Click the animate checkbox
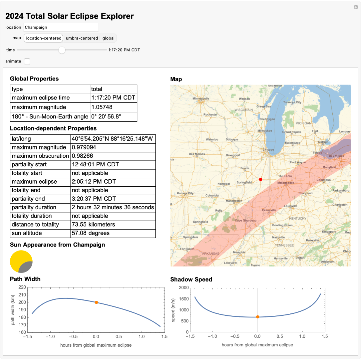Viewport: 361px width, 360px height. (x=27, y=61)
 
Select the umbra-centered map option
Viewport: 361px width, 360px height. (x=82, y=38)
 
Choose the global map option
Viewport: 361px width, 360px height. (x=109, y=38)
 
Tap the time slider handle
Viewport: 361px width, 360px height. (x=62, y=50)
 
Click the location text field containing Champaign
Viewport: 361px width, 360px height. (x=60, y=27)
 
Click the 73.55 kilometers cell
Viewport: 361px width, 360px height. (x=94, y=225)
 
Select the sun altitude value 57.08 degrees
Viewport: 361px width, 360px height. (x=91, y=233)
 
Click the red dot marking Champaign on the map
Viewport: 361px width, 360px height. (x=260, y=179)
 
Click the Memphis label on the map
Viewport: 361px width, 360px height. (x=239, y=253)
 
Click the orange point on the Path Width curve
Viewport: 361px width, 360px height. (x=96, y=302)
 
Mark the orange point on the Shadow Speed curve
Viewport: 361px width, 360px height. (x=257, y=317)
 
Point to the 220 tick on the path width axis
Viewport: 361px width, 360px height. (x=22, y=287)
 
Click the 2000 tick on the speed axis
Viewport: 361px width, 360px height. (x=183, y=288)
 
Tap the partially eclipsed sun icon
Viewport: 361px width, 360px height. (x=21, y=262)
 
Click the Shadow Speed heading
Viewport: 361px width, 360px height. (x=191, y=279)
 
